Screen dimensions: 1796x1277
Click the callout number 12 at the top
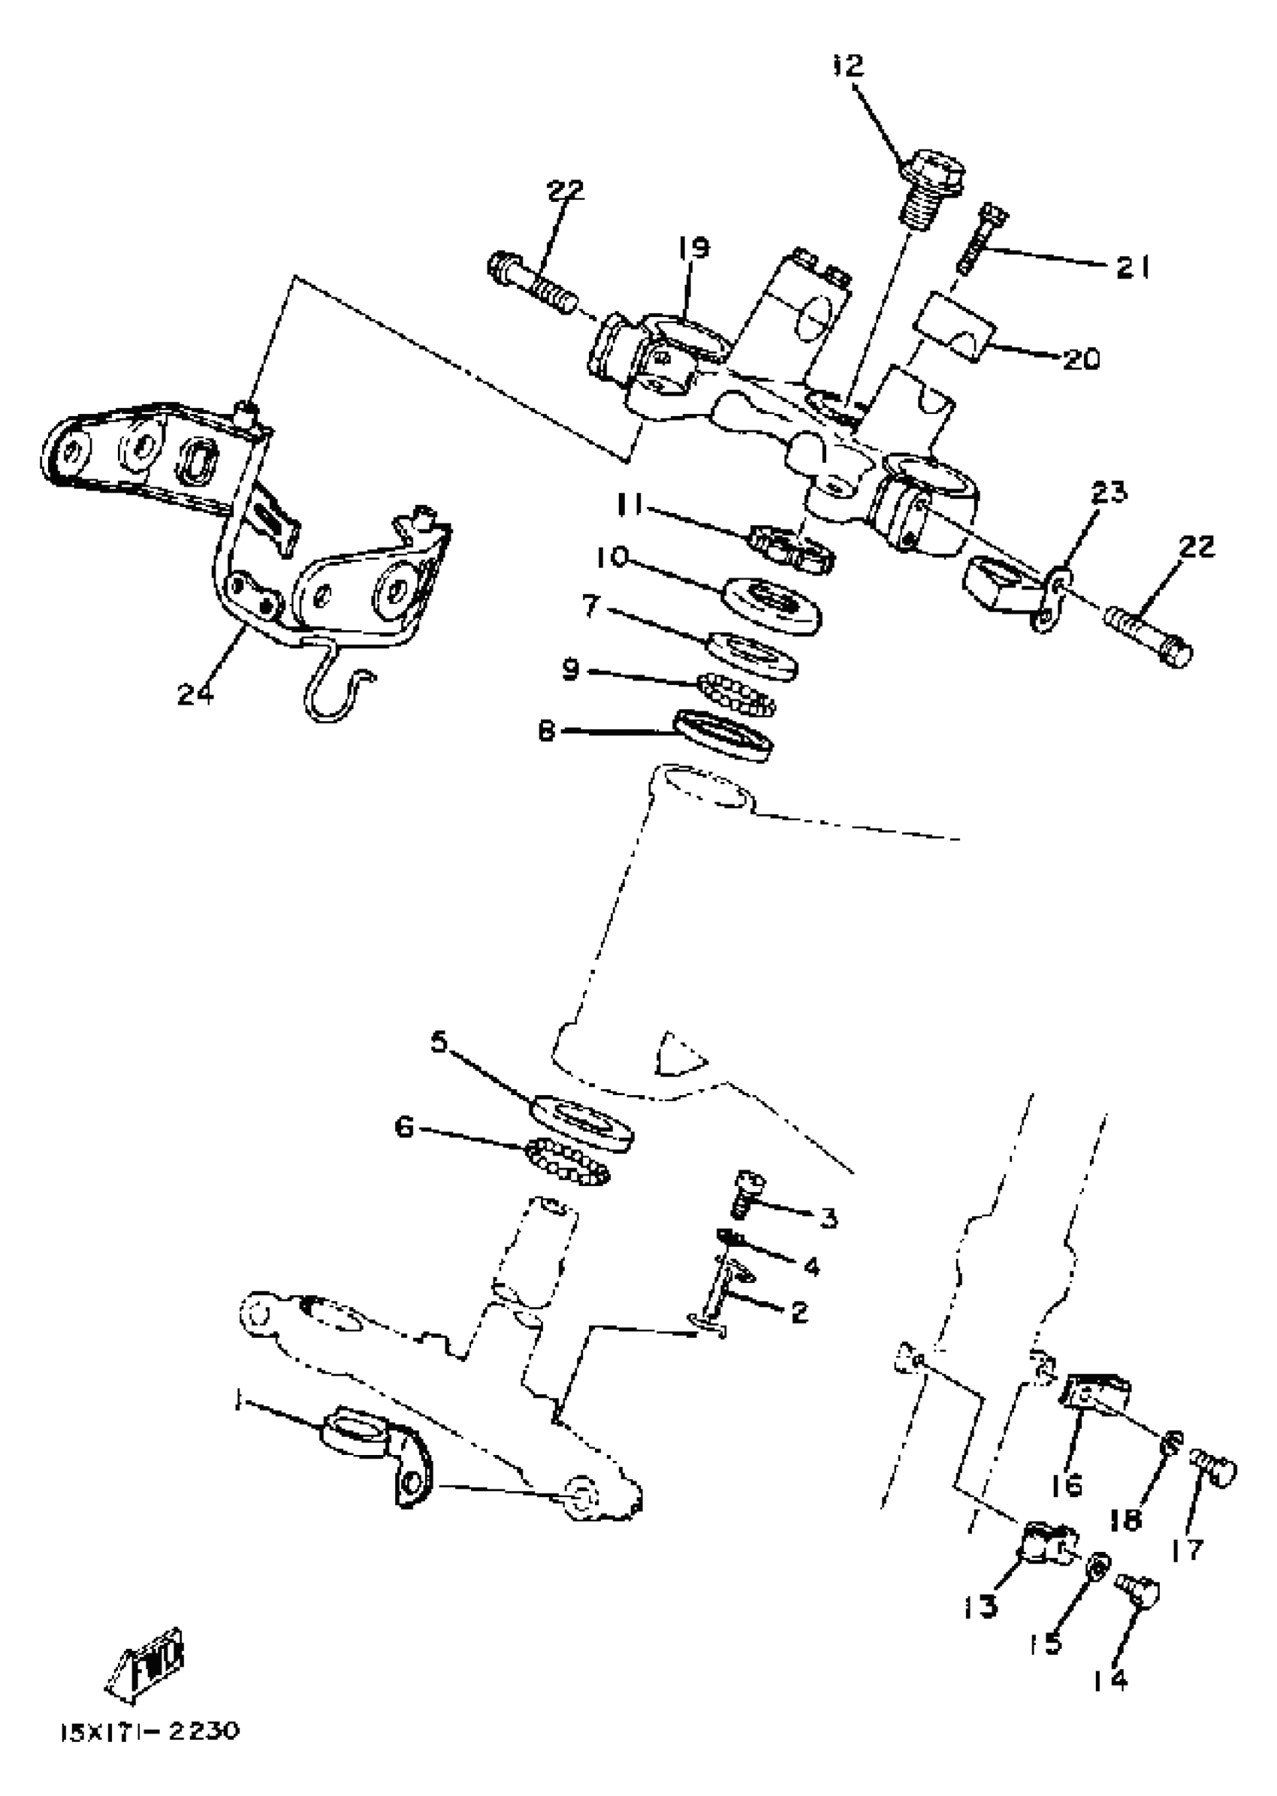coord(847,66)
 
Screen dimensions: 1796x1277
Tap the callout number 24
coord(195,693)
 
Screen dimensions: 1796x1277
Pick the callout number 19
coord(693,248)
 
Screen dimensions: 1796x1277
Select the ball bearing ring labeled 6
coord(569,1164)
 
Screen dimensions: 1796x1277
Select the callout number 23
coord(1109,494)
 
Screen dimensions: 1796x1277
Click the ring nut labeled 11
coord(791,548)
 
